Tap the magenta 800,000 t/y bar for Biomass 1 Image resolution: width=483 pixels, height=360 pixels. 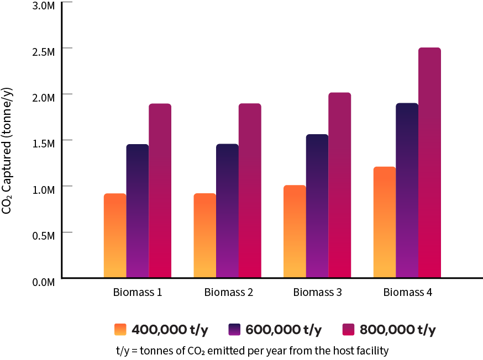[x=160, y=190]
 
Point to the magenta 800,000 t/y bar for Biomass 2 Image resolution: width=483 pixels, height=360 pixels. [x=250, y=190]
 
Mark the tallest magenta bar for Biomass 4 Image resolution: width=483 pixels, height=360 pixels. [x=429, y=162]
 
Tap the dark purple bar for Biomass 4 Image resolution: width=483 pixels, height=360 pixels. [x=407, y=190]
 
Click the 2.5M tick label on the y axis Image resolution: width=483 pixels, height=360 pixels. [x=43, y=52]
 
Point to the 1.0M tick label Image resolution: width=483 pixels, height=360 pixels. [x=43, y=189]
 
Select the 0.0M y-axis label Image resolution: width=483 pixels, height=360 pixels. [x=43, y=282]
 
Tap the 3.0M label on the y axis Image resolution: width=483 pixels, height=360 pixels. [x=43, y=6]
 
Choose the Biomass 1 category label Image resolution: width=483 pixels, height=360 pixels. [x=138, y=293]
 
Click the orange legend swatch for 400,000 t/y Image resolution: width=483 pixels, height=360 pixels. [x=120, y=330]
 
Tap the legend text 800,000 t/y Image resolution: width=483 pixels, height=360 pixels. [x=397, y=330]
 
